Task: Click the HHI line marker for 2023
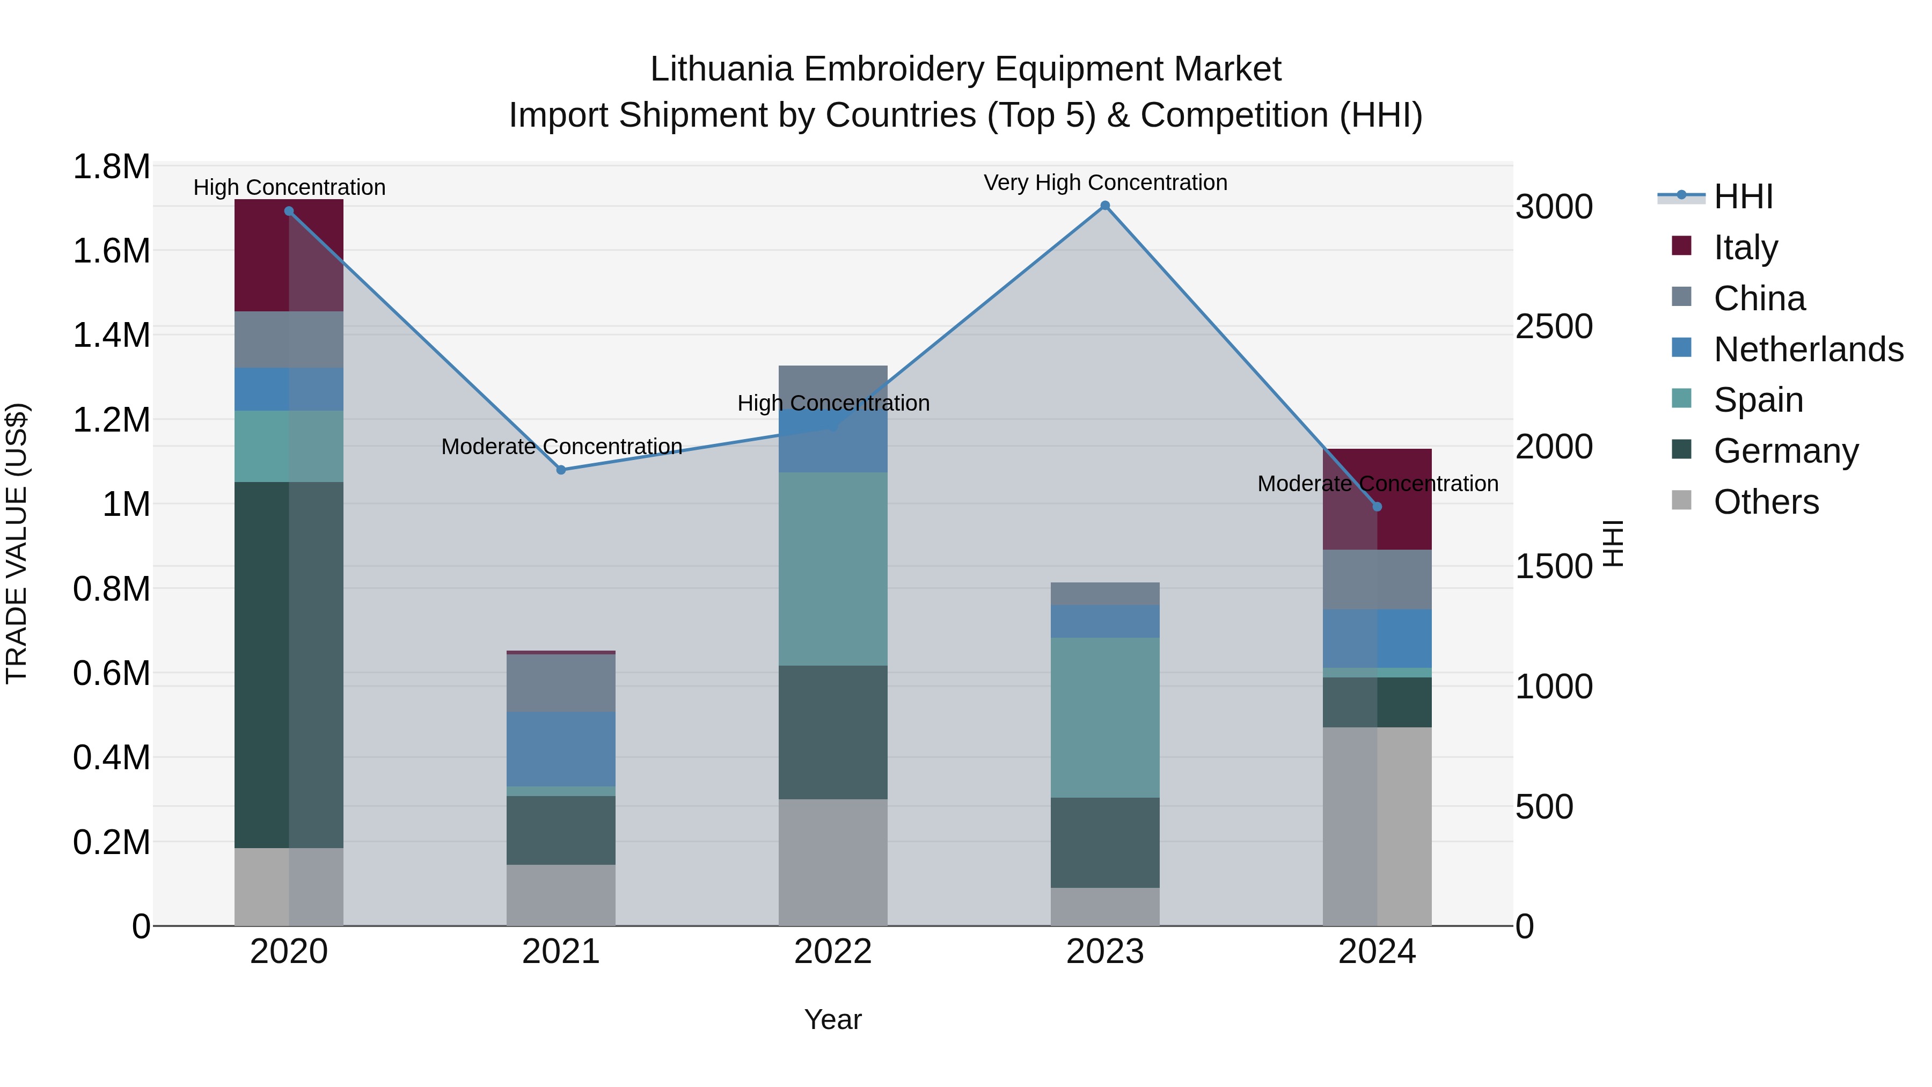(x=1105, y=206)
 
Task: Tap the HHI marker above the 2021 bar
(x=561, y=470)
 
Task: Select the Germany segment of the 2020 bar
(x=289, y=664)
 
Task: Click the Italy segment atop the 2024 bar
(x=1377, y=499)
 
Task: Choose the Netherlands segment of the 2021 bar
(x=561, y=749)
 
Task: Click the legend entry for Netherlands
(x=1808, y=349)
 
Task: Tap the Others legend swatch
(x=1681, y=500)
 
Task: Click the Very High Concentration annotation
(x=1105, y=183)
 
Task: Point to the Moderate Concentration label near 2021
(x=561, y=447)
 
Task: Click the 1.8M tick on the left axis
(x=111, y=166)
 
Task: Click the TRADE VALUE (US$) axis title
(x=17, y=544)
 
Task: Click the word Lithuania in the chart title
(x=721, y=70)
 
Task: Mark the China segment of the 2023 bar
(x=1105, y=593)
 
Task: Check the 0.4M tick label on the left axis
(x=111, y=757)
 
